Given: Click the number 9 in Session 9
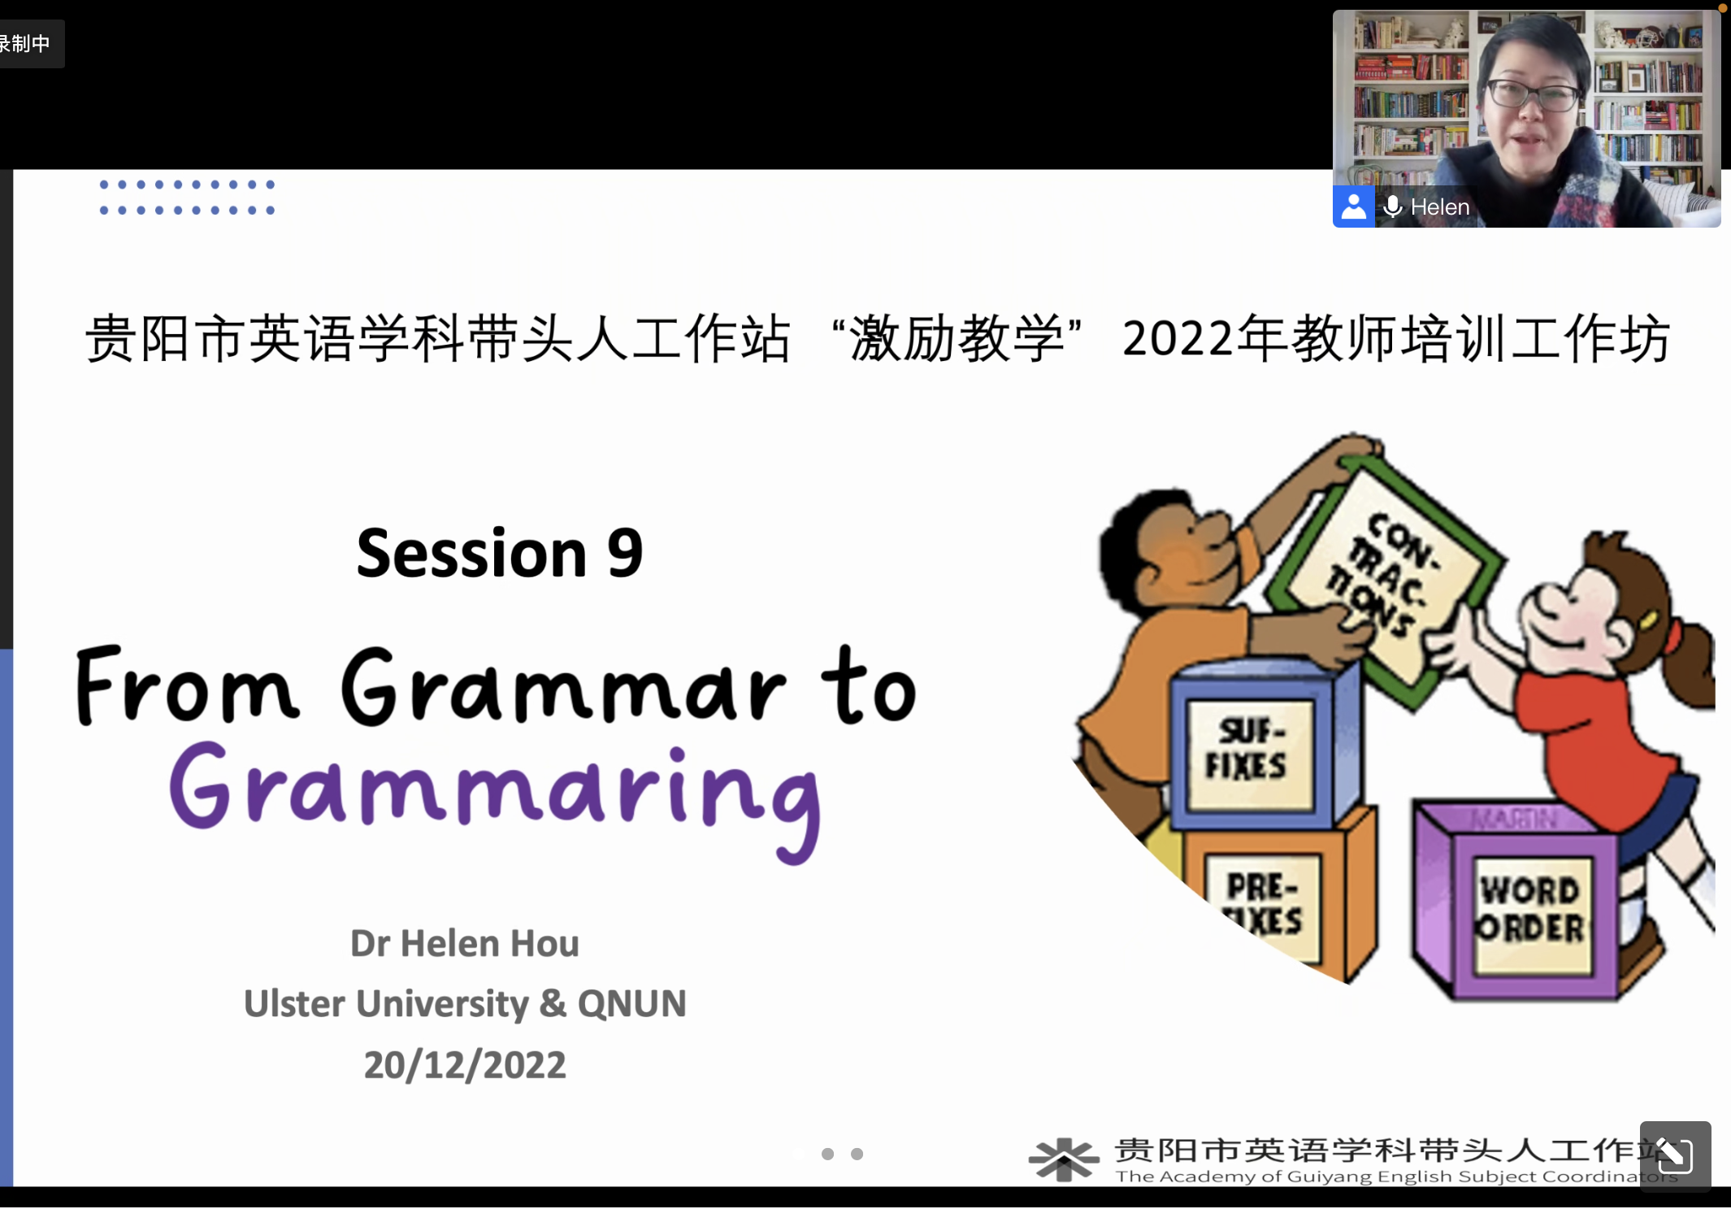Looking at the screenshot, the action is click(625, 554).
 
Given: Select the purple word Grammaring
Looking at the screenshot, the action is click(495, 800).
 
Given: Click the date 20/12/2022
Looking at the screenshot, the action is click(465, 1065).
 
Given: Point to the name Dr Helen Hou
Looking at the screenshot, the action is click(465, 944).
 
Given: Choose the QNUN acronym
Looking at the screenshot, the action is click(631, 1004).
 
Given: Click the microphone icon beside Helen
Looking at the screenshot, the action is click(1393, 207).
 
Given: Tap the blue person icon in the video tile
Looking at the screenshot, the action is click(1353, 207).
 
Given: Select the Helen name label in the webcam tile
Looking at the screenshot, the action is click(1440, 207).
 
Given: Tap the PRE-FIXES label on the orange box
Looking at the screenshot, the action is click(1264, 904).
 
